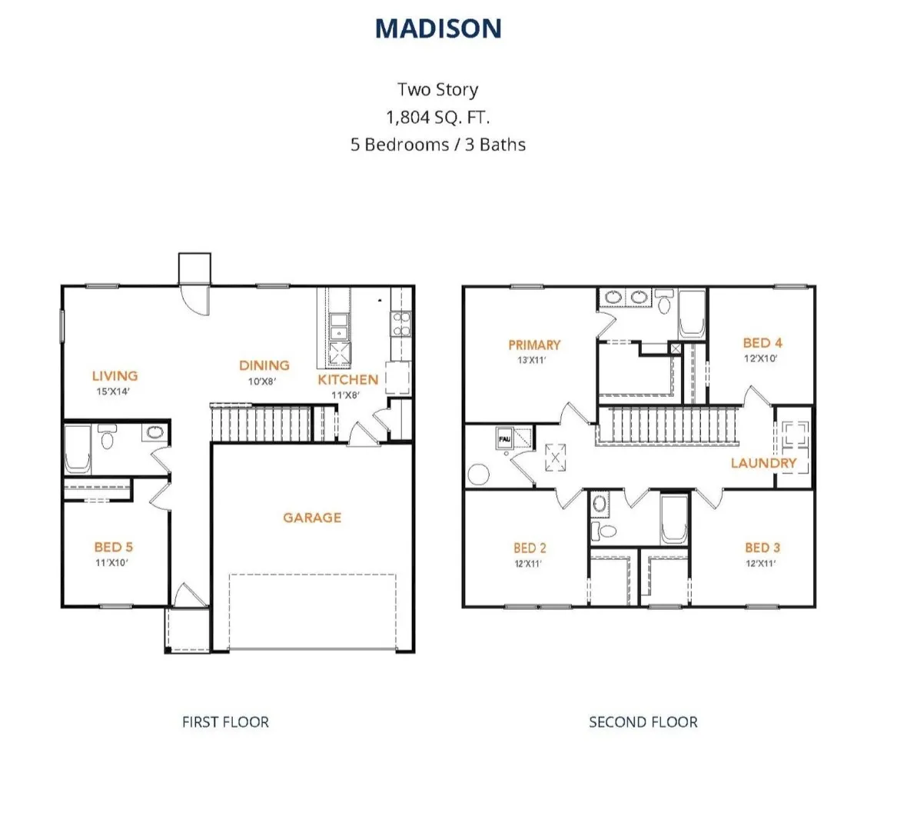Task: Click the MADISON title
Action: click(x=438, y=28)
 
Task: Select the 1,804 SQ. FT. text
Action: click(x=437, y=117)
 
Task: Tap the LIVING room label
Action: click(x=115, y=375)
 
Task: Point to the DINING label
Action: click(x=264, y=365)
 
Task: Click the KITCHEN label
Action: click(x=347, y=379)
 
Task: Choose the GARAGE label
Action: click(x=312, y=518)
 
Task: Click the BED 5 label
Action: click(x=114, y=547)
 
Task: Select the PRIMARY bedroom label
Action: click(x=534, y=345)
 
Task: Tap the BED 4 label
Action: click(x=762, y=343)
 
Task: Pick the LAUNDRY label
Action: click(x=763, y=463)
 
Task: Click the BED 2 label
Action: click(x=530, y=548)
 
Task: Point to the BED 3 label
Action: click(x=762, y=548)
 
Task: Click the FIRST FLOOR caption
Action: click(x=225, y=722)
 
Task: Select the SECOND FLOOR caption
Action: click(x=643, y=722)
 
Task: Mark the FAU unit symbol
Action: click(x=505, y=438)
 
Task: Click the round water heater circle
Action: click(x=477, y=475)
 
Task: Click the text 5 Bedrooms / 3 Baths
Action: click(x=438, y=145)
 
